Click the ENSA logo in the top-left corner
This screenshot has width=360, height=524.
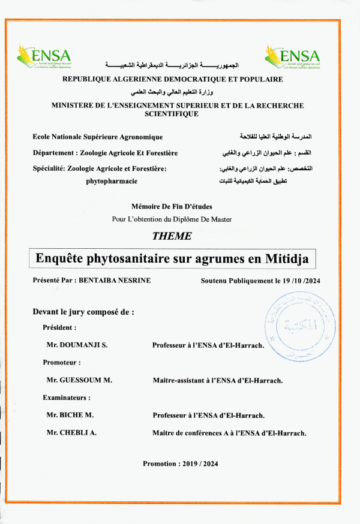pyautogui.click(x=44, y=56)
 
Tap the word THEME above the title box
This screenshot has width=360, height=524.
pyautogui.click(x=172, y=236)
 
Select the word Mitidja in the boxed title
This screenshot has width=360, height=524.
pyautogui.click(x=285, y=259)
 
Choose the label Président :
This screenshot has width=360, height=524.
pyautogui.click(x=59, y=328)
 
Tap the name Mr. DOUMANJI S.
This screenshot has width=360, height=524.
pyautogui.click(x=75, y=345)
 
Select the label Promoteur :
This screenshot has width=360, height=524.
pyautogui.click(x=61, y=363)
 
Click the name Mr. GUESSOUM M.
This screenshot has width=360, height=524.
pyautogui.click(x=79, y=380)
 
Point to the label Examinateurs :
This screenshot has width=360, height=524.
pyautogui.click(x=66, y=397)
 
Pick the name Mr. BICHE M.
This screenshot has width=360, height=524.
pyautogui.click(x=70, y=415)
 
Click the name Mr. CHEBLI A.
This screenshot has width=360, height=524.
pyautogui.click(x=71, y=432)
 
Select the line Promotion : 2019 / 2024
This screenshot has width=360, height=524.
pyautogui.click(x=180, y=464)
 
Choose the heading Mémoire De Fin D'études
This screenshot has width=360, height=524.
pyautogui.click(x=171, y=206)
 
